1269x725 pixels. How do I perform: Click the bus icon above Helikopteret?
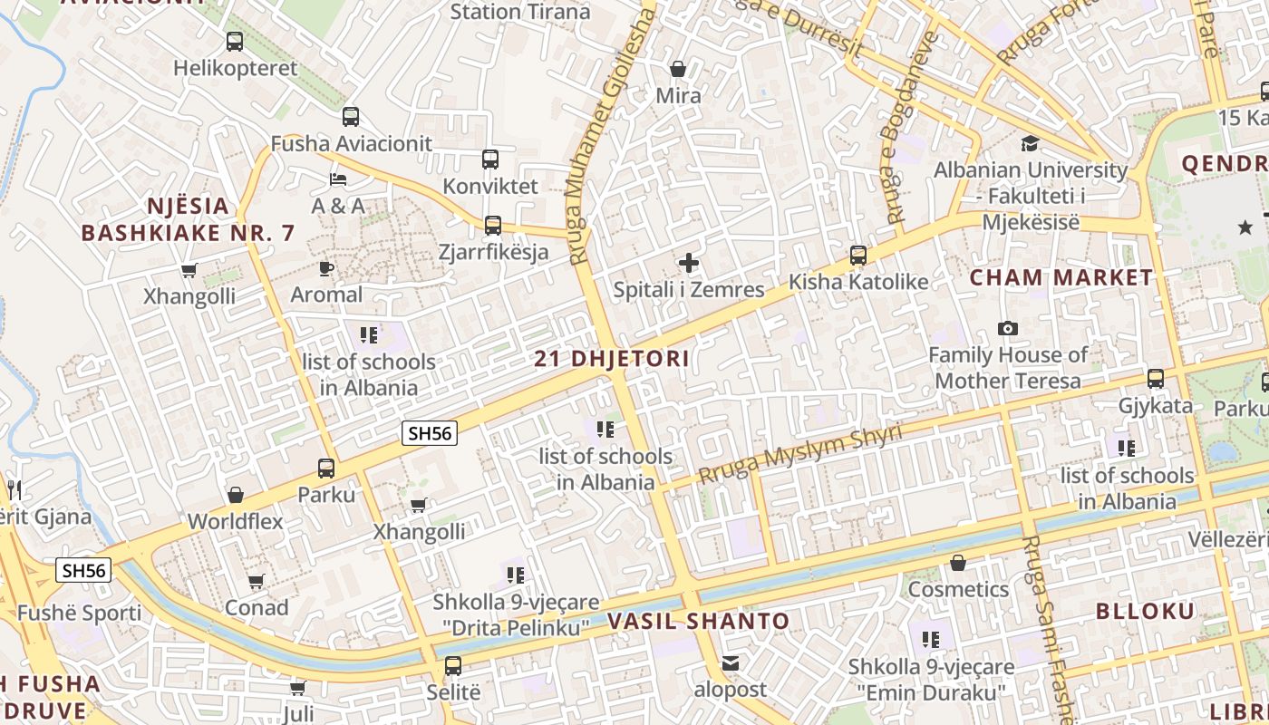[234, 41]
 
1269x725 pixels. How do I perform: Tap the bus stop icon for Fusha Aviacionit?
[351, 117]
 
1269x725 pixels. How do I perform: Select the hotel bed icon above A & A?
[338, 179]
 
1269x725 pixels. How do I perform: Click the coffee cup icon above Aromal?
[326, 268]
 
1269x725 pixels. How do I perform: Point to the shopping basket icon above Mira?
[678, 69]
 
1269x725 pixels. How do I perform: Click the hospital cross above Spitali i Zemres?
[689, 263]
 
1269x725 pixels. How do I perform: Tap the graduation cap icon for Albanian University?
[1030, 143]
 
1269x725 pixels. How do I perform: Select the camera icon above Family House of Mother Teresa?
[1007, 328]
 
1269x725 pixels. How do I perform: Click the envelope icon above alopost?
[731, 663]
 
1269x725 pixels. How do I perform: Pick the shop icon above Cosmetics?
[958, 563]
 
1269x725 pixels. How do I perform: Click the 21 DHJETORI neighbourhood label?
[612, 359]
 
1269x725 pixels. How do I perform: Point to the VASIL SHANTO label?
[698, 622]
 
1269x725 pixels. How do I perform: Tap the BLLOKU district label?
[1146, 611]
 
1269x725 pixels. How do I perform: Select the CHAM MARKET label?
[1061, 278]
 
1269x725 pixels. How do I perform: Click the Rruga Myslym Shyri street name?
[800, 454]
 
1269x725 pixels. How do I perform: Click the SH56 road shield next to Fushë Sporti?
[83, 570]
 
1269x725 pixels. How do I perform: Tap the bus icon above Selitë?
[453, 666]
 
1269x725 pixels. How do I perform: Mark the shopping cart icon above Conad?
[257, 581]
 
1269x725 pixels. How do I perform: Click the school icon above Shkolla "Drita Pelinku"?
[516, 575]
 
